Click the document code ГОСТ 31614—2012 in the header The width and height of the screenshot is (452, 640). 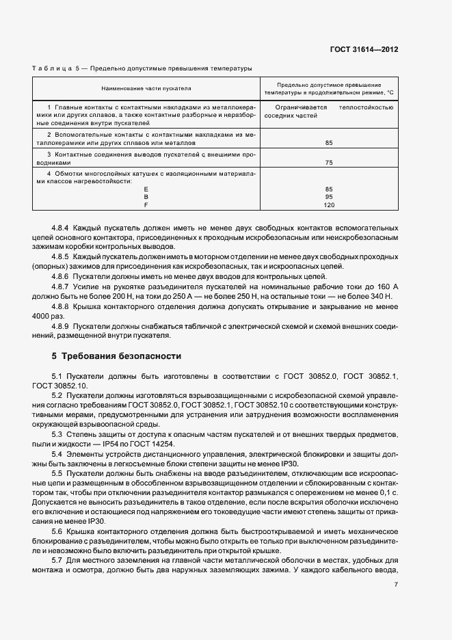[x=363, y=50]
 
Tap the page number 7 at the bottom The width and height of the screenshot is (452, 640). [x=396, y=583]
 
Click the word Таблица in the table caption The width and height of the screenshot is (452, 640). [x=52, y=68]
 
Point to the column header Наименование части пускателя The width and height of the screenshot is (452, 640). [x=146, y=89]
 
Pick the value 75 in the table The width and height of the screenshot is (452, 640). [x=329, y=163]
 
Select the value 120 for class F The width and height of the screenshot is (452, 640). [x=329, y=205]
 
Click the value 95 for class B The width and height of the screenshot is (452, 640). [x=329, y=196]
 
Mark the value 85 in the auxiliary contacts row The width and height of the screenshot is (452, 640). [x=329, y=143]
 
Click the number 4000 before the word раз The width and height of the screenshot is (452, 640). [x=42, y=315]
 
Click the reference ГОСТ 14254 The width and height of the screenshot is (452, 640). [x=155, y=444]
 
